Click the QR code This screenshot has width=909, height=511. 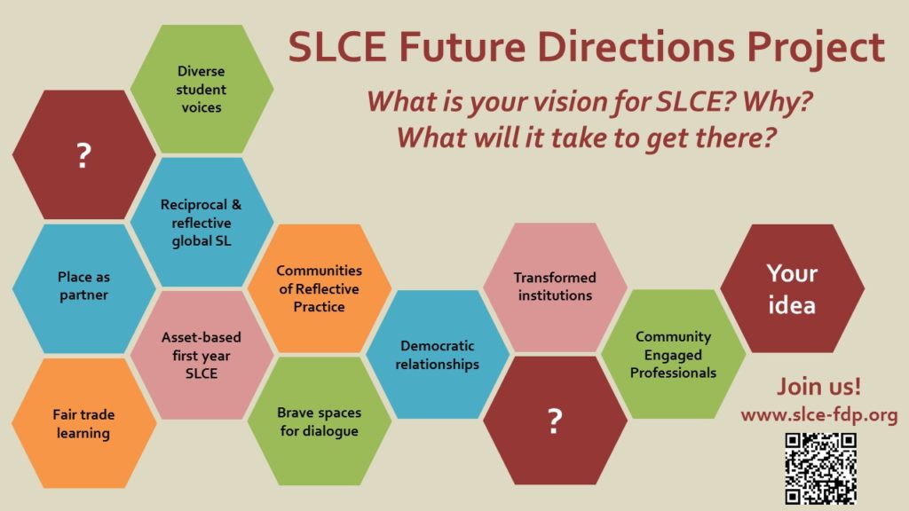(820, 468)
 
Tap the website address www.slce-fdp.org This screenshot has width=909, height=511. (819, 416)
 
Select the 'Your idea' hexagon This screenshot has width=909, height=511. (792, 288)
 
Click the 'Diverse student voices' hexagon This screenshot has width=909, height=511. (202, 89)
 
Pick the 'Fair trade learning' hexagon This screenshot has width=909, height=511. (83, 423)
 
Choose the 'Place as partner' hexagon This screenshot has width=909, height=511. (83, 287)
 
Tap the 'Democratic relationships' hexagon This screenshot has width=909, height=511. (438, 355)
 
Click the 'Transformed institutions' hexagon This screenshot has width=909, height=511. (555, 287)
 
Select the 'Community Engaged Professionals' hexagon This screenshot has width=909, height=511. (673, 354)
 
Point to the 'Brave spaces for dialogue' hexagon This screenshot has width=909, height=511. (319, 421)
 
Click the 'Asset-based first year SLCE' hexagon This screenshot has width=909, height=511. (202, 355)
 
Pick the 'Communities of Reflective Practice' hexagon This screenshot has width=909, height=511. (319, 287)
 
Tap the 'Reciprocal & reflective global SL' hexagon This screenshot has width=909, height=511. (202, 222)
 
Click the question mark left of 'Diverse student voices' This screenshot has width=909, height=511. (83, 155)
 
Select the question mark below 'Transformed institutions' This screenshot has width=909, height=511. (555, 421)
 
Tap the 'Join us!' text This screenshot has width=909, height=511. (818, 388)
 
